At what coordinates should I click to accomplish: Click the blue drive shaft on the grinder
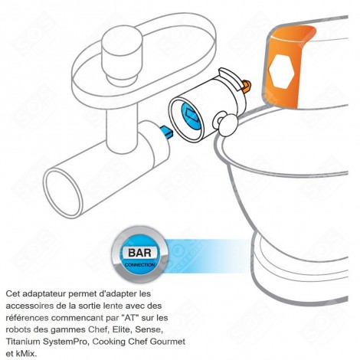pos(165,131)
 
